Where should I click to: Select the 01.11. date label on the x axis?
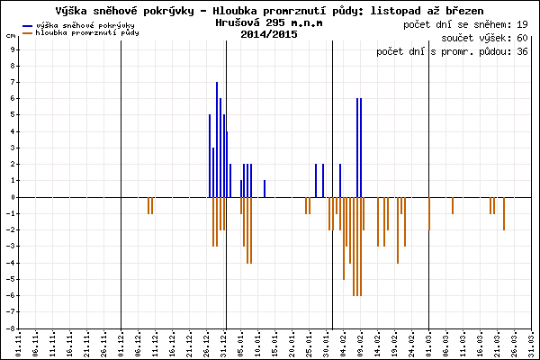tap(18, 344)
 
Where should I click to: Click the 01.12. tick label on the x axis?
tap(121, 344)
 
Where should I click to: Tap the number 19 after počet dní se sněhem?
tap(522, 22)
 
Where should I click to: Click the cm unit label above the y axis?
tap(10, 36)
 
